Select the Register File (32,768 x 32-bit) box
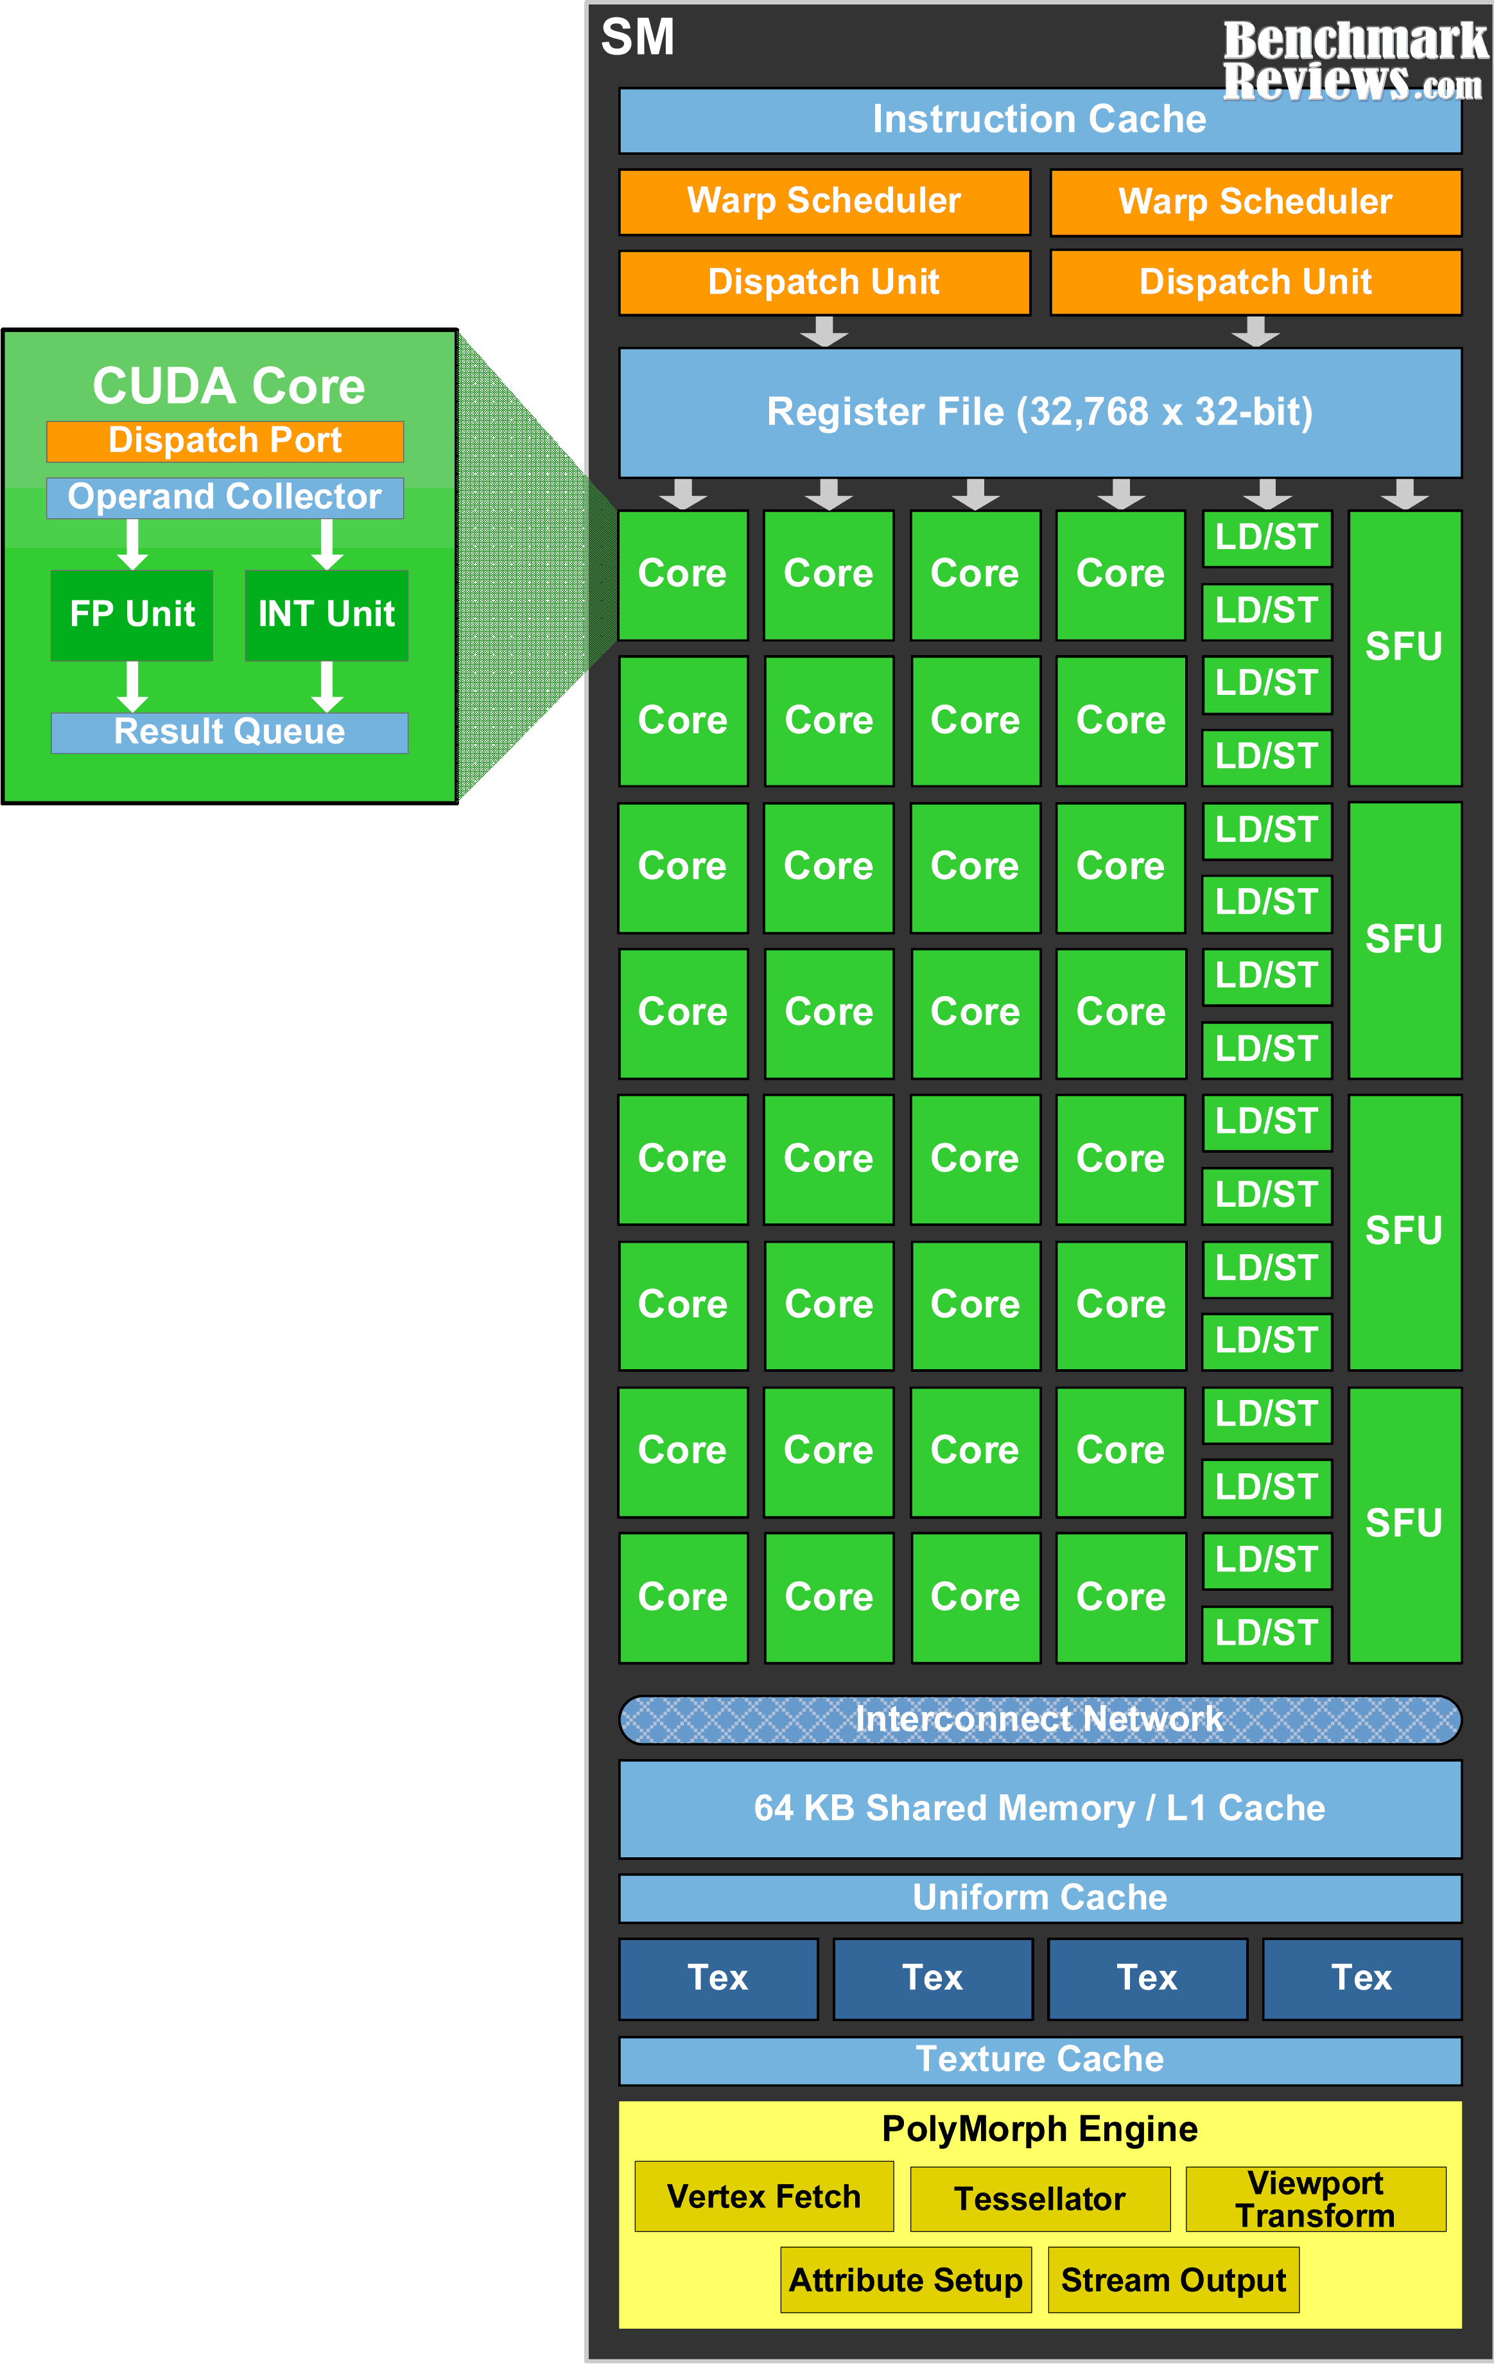pyautogui.click(x=1039, y=412)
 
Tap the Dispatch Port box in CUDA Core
pyautogui.click(x=225, y=441)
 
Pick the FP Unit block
pyautogui.click(x=132, y=615)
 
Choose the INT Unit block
pyautogui.click(x=326, y=615)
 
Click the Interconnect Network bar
pyautogui.click(x=1039, y=1719)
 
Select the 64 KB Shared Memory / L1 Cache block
pyautogui.click(x=1039, y=1808)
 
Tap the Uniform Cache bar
pyautogui.click(x=1039, y=1898)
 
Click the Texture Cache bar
pyautogui.click(x=1039, y=2060)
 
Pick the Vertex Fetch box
pyautogui.click(x=763, y=2196)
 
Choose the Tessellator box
pyautogui.click(x=1039, y=2199)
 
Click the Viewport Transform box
pyautogui.click(x=1316, y=2199)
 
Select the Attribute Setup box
pyautogui.click(x=905, y=2280)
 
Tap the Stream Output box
pyautogui.click(x=1173, y=2280)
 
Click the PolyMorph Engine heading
pyautogui.click(x=1039, y=2128)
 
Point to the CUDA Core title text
pyautogui.click(x=229, y=386)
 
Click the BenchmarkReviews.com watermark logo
pyautogui.click(x=1355, y=61)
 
